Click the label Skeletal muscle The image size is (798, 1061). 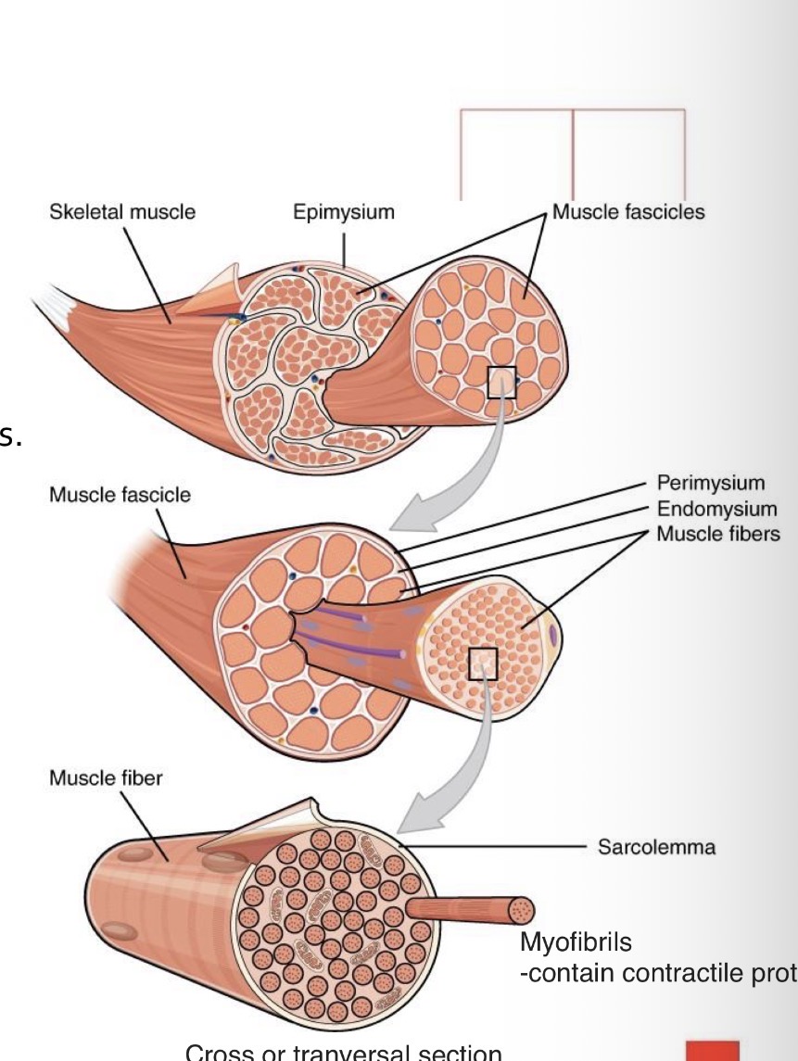pos(122,212)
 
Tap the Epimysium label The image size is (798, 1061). pos(344,212)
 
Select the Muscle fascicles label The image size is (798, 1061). pos(627,212)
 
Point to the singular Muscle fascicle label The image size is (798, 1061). pos(120,494)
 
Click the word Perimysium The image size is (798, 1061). pos(711,483)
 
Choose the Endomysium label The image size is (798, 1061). pos(716,509)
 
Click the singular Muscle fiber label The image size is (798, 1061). pos(105,778)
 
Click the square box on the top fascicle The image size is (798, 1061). pos(501,383)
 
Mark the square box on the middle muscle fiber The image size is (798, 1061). pos(483,663)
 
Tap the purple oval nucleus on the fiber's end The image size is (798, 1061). pos(553,634)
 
